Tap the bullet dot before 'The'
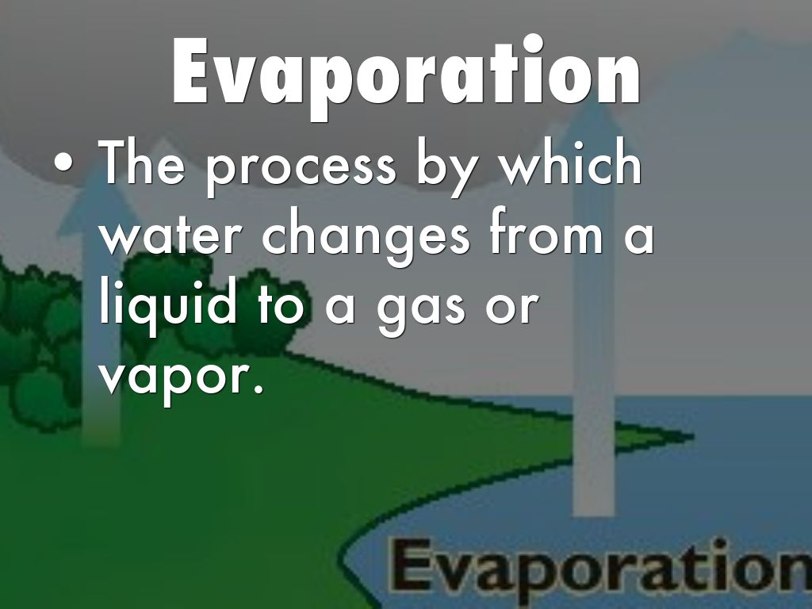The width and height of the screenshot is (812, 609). click(63, 164)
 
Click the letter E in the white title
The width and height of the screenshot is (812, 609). click(192, 71)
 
